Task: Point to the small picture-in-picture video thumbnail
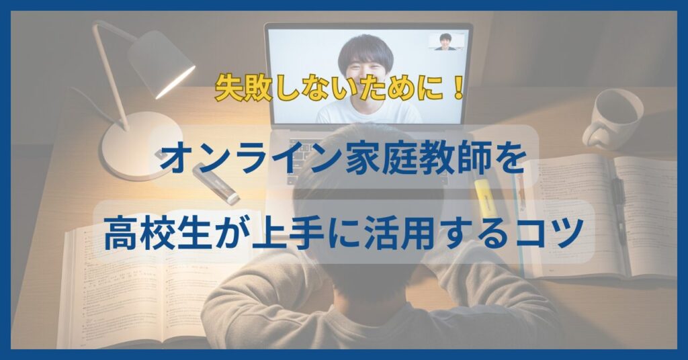pyautogui.click(x=446, y=42)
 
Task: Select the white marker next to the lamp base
pyautogui.click(x=216, y=183)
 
